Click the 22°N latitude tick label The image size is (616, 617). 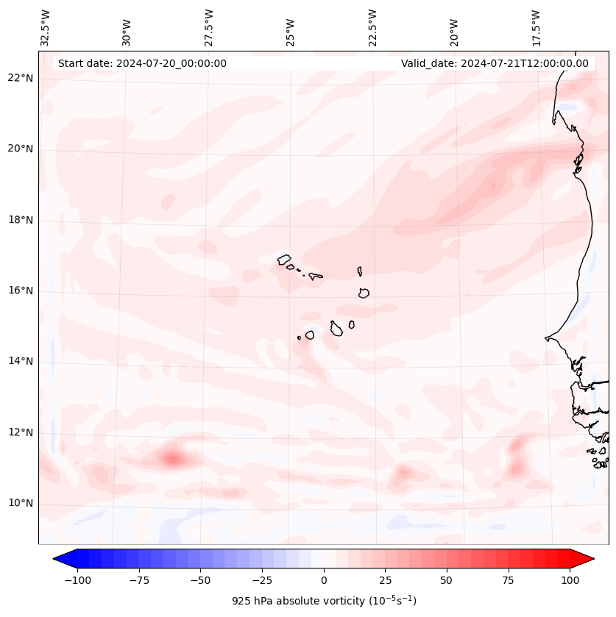21,79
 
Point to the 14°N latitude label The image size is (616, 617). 21,361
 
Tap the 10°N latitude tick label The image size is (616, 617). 21,503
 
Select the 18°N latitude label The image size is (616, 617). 21,220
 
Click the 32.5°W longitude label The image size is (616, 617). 46,27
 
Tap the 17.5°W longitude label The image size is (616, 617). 536,27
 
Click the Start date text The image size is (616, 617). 142,63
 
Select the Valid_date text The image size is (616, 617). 495,63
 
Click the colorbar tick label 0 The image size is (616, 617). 323,580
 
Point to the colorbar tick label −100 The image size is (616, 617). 77,580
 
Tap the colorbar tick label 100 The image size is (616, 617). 570,580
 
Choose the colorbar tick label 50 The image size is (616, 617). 447,580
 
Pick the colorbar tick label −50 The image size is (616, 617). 200,580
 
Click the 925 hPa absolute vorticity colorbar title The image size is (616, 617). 324,601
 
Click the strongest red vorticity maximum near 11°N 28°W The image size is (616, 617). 173,459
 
